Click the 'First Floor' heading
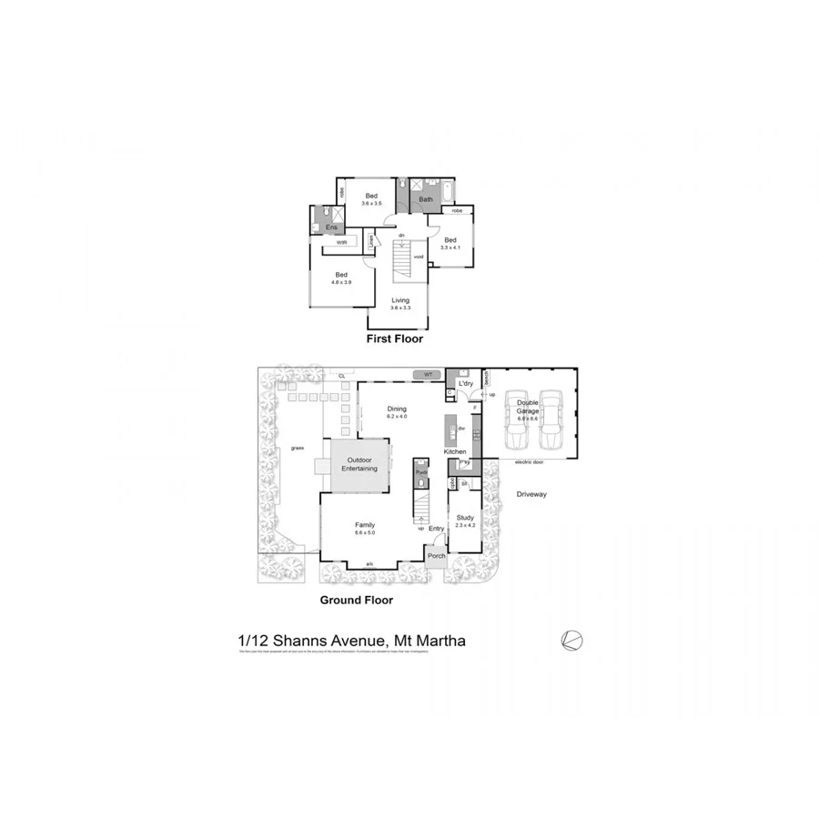click(394, 339)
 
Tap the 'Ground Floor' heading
click(356, 600)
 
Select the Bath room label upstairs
click(426, 198)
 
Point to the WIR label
click(341, 243)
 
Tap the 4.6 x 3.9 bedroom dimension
click(342, 283)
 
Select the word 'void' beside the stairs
click(419, 257)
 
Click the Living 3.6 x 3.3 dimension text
click(400, 308)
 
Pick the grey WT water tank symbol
click(426, 374)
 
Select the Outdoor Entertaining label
click(359, 464)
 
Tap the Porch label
click(437, 555)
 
